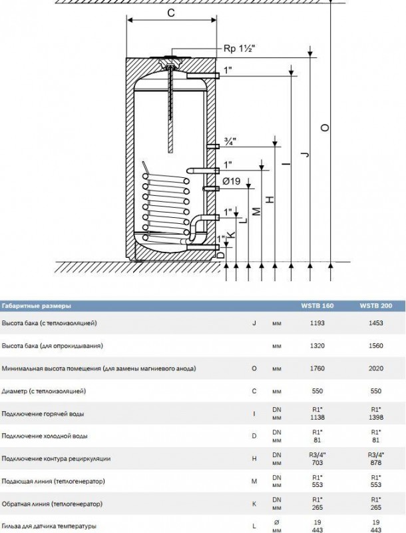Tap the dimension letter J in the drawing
click(x=304, y=155)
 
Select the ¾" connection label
click(x=230, y=141)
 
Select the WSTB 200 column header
click(x=375, y=306)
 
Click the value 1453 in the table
click(x=375, y=324)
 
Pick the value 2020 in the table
click(x=375, y=368)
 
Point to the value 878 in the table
click(x=375, y=462)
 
